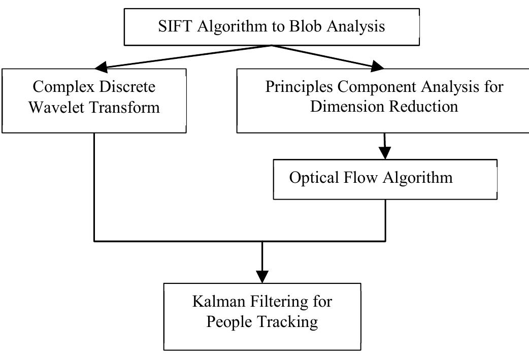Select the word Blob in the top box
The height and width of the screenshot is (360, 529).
pos(306,26)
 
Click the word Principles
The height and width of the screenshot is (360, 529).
pos(297,87)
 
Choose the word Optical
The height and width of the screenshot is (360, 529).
pos(314,178)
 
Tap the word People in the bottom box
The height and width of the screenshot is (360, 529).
pos(229,322)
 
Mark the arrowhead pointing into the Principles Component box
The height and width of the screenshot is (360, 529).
pos(378,66)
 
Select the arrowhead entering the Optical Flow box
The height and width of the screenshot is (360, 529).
pos(385,152)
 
